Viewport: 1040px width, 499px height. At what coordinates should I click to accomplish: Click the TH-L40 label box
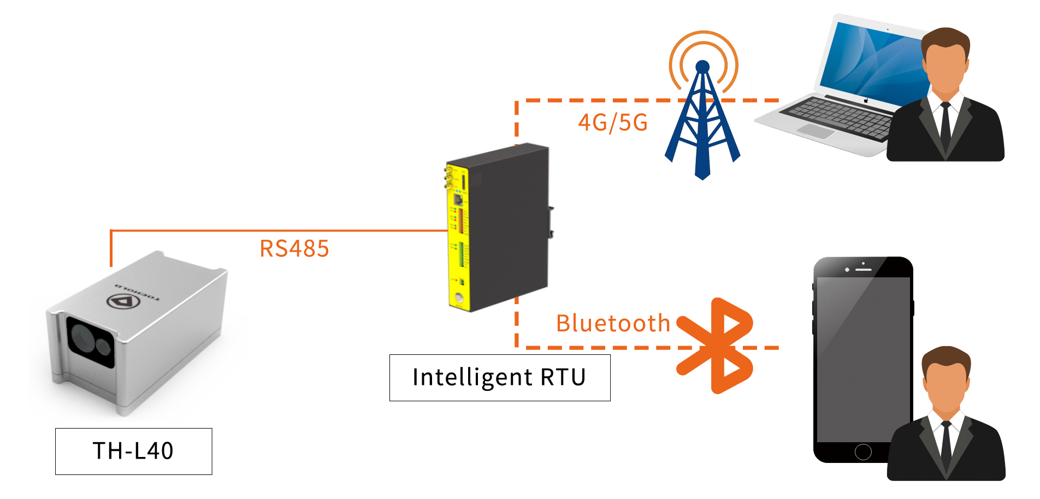tap(133, 451)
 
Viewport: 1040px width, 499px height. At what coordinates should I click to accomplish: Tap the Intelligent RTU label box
tap(499, 377)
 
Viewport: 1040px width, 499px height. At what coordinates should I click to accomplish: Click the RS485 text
tap(294, 249)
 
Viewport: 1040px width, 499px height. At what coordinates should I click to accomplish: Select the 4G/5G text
tap(613, 123)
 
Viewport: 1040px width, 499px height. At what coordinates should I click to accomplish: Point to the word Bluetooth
tap(613, 323)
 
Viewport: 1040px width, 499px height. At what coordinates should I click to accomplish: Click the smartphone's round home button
tap(863, 452)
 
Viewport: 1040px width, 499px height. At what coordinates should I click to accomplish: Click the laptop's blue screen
tap(874, 60)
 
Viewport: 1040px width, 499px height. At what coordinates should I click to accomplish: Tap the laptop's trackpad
tap(816, 131)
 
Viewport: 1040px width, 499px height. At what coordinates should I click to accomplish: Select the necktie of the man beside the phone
tap(947, 445)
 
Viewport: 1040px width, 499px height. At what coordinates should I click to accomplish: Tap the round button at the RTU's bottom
tap(458, 298)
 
